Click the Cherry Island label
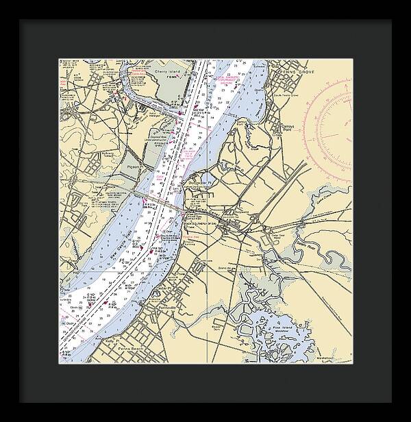[x=166, y=71]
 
